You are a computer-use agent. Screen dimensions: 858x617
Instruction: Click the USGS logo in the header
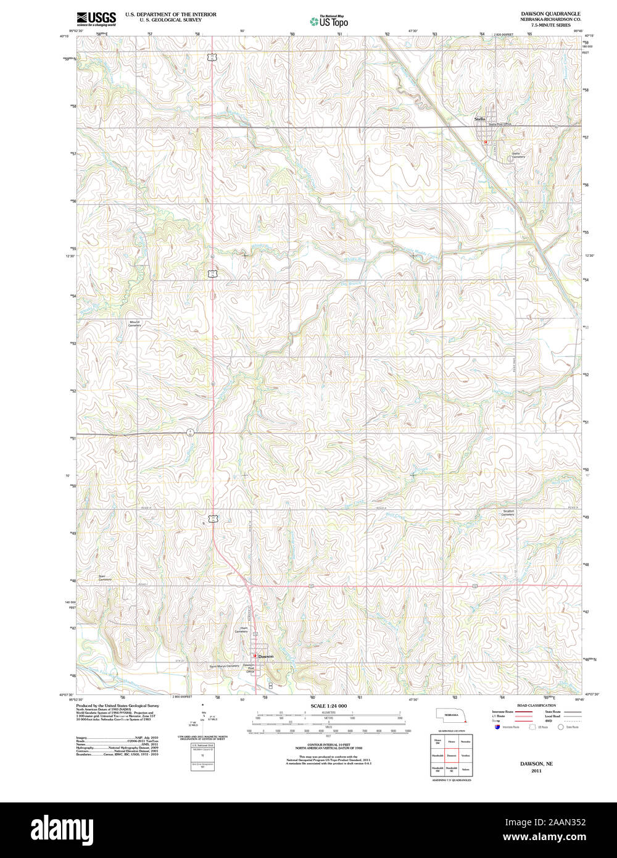pyautogui.click(x=96, y=19)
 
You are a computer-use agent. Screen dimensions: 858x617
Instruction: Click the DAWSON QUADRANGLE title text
pyautogui.click(x=541, y=13)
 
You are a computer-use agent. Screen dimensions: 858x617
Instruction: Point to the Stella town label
pyautogui.click(x=479, y=119)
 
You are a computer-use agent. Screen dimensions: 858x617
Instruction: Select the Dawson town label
pyautogui.click(x=266, y=656)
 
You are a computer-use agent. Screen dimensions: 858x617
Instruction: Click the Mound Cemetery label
pyautogui.click(x=135, y=323)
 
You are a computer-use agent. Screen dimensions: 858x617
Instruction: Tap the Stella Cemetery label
pyautogui.click(x=518, y=155)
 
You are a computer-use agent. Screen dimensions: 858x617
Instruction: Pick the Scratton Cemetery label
pyautogui.click(x=508, y=512)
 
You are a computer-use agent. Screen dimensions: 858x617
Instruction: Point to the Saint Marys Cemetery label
pyautogui.click(x=223, y=666)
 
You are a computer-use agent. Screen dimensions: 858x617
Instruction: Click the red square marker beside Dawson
pyautogui.click(x=254, y=656)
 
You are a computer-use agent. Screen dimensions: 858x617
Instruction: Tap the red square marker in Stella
pyautogui.click(x=486, y=142)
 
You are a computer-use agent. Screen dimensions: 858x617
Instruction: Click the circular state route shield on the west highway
pyautogui.click(x=191, y=431)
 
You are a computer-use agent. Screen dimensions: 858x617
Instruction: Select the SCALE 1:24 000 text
pyautogui.click(x=329, y=706)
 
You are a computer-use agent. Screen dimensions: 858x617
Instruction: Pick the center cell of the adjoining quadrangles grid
pyautogui.click(x=452, y=754)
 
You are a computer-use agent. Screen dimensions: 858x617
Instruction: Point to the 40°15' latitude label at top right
pyautogui.click(x=589, y=36)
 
